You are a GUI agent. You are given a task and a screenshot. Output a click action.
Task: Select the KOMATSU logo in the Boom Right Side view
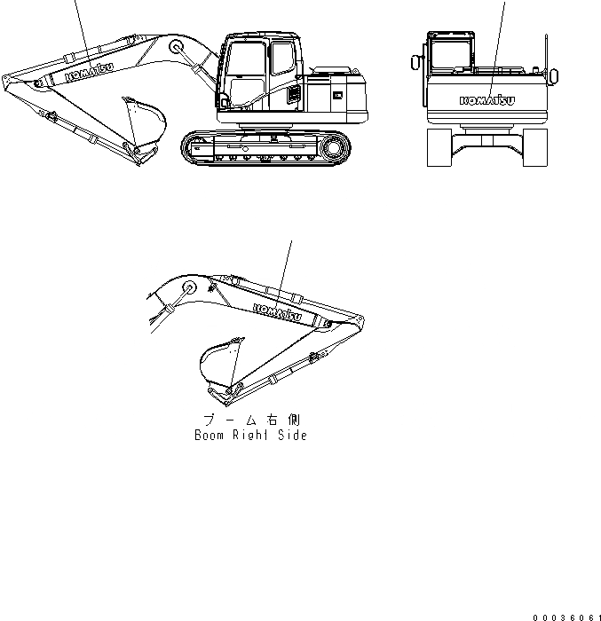pos(277,312)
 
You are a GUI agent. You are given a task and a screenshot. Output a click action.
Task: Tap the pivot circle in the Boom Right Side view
pos(188,288)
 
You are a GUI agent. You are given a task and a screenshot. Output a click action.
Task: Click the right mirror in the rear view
pos(554,75)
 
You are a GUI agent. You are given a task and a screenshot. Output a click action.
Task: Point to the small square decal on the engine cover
pos(336,92)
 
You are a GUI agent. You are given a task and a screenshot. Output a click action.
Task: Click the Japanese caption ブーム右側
pos(251,419)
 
